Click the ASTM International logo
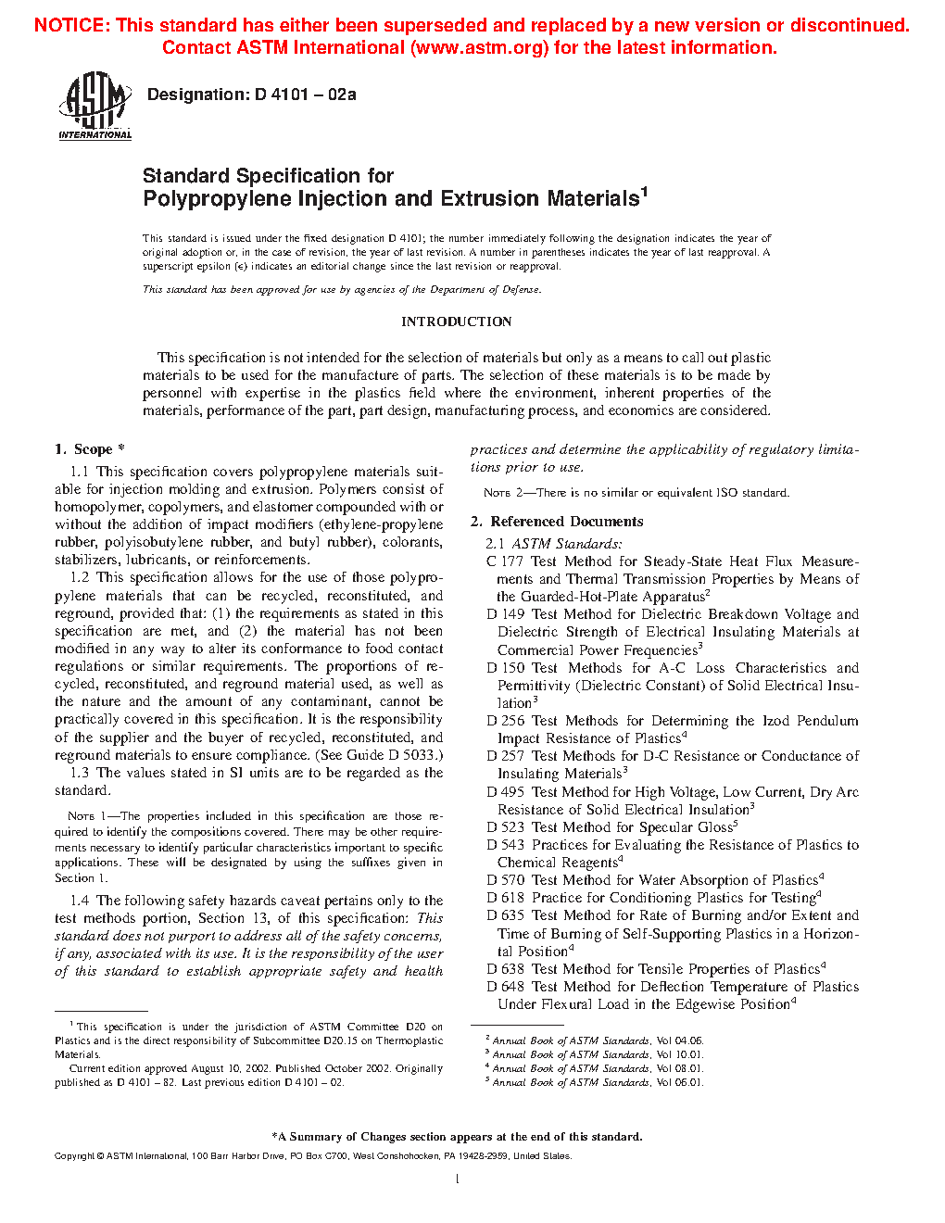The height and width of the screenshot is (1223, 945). click(94, 107)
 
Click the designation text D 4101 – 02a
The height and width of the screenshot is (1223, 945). click(251, 95)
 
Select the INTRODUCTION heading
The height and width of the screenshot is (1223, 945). click(456, 322)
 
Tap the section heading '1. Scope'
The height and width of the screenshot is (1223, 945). click(89, 449)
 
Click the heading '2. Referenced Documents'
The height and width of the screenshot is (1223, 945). click(557, 522)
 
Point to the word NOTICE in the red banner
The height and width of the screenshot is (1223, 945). click(70, 25)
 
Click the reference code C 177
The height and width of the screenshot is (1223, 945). click(505, 561)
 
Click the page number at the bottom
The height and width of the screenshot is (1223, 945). click(458, 1179)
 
